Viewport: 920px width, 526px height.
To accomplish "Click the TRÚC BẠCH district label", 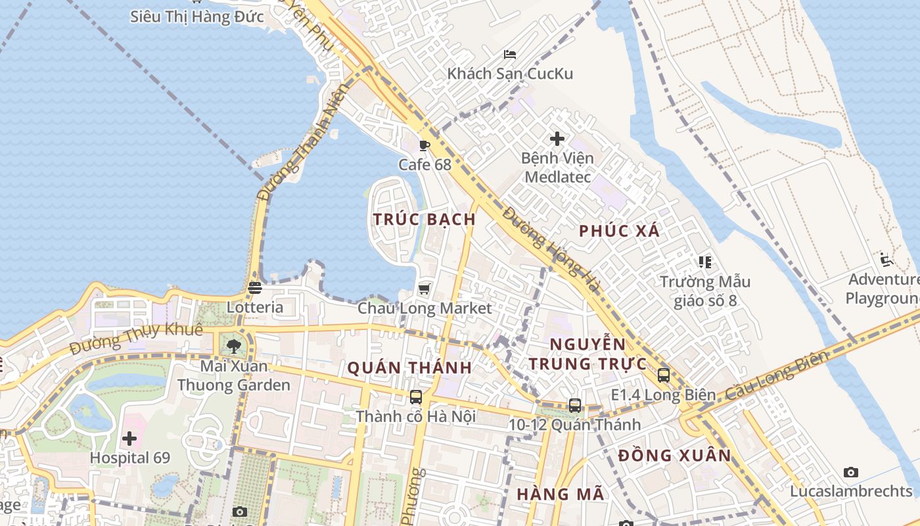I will pos(425,220).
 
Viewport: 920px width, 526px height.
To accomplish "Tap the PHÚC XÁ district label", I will pos(619,231).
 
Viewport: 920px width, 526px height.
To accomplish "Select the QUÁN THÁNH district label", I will pos(409,368).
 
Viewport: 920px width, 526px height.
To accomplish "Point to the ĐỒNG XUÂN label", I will pos(674,456).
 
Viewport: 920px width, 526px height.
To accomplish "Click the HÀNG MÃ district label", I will pos(560,494).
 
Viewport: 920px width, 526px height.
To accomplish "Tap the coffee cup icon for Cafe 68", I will pos(425,145).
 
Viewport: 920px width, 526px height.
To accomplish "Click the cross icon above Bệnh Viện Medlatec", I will pos(557,139).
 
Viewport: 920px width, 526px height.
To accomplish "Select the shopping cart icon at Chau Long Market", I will pos(425,289).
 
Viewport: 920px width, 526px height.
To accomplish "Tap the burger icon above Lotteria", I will pos(255,288).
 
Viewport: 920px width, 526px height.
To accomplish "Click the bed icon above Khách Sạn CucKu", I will pos(510,54).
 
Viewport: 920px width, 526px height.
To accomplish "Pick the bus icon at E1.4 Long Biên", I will pos(664,375).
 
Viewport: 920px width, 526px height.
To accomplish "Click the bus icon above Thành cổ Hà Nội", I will pos(416,396).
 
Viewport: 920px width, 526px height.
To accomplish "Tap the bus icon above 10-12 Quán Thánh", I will pos(575,405).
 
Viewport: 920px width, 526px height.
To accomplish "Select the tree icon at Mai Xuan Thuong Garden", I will pos(233,346).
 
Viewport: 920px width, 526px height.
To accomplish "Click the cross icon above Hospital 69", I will pos(129,438).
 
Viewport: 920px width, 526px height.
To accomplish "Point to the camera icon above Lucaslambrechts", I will pos(851,472).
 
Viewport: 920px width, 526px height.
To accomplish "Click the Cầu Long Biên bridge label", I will pos(778,377).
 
